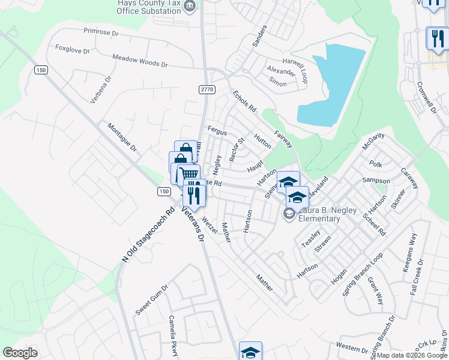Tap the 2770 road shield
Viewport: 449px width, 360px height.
click(x=206, y=89)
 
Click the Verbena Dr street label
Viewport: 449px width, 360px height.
click(x=101, y=89)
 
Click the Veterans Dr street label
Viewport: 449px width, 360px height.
click(x=194, y=223)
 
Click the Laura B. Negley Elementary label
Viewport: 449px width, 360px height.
click(x=321, y=214)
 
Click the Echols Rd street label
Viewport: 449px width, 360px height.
click(x=244, y=101)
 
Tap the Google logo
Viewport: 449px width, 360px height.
click(x=20, y=353)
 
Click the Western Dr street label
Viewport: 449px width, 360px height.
click(x=352, y=347)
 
